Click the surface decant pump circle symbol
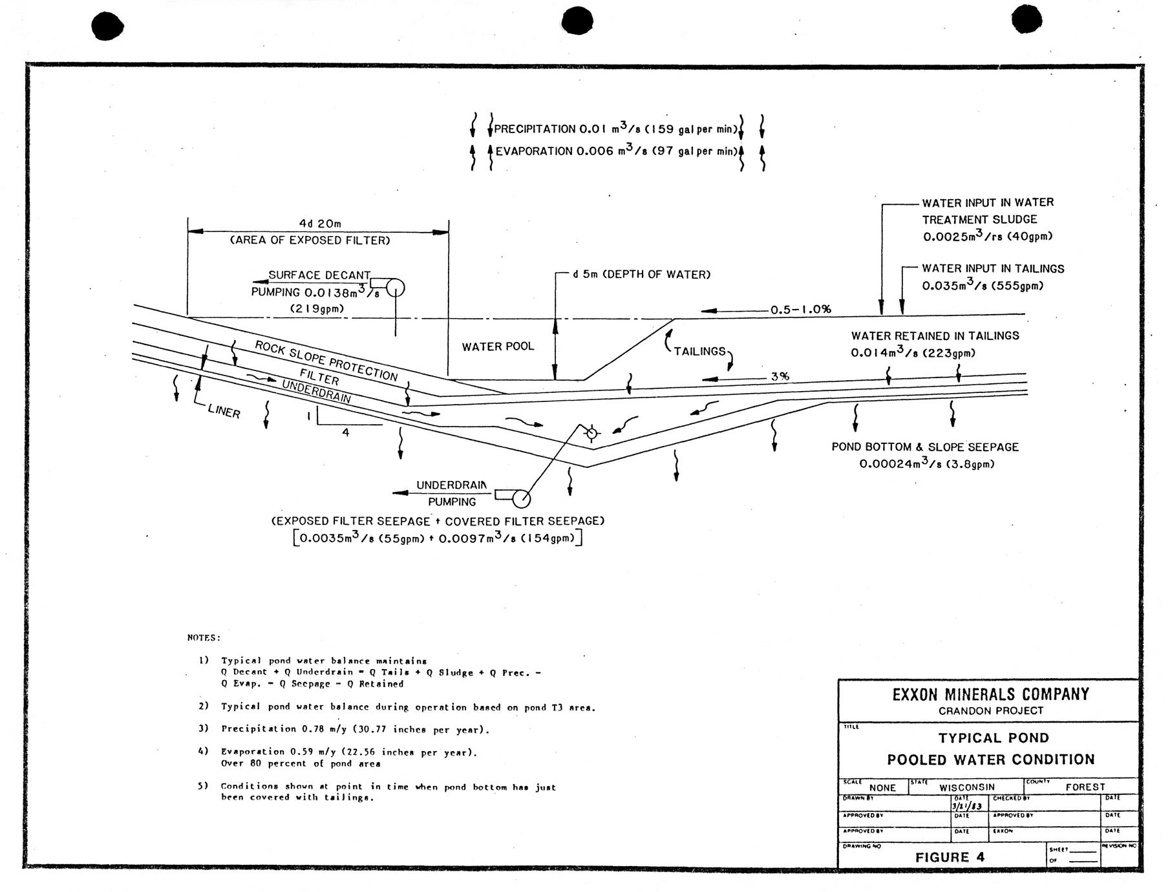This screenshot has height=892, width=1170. tap(395, 288)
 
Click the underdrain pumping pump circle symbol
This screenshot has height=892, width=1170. tap(521, 499)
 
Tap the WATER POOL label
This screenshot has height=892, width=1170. tap(498, 346)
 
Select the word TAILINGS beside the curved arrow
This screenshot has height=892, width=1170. tap(700, 351)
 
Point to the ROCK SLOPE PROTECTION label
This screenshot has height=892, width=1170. tap(326, 361)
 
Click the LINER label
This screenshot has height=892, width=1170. tap(224, 411)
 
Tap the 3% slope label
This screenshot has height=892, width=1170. tap(780, 376)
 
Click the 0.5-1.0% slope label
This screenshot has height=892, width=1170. tap(800, 309)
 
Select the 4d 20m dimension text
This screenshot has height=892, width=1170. tap(319, 224)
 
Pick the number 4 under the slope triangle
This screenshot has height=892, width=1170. tap(346, 432)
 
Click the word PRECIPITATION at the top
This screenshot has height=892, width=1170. tap(535, 129)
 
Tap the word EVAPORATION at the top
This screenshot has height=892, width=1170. tap(534, 151)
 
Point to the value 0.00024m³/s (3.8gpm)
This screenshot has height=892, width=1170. tap(926, 463)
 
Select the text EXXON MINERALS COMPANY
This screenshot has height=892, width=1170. tap(990, 694)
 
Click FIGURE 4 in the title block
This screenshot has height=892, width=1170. tap(950, 857)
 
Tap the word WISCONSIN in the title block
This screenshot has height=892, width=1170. tap(967, 787)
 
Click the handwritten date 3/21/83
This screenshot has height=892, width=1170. tap(968, 806)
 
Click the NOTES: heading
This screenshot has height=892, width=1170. tap(204, 637)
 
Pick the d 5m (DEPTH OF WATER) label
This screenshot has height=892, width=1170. tap(641, 275)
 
